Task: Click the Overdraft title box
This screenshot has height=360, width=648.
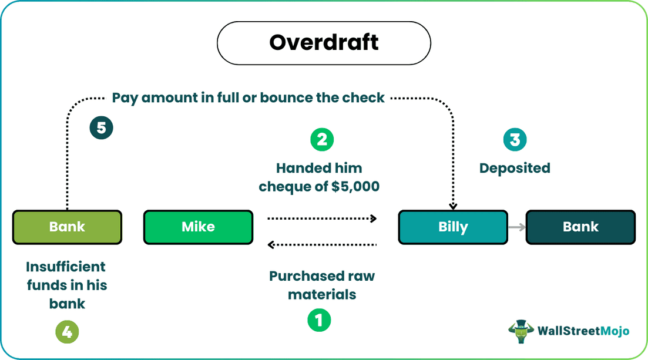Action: pyautogui.click(x=324, y=43)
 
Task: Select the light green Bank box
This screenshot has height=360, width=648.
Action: pyautogui.click(x=67, y=227)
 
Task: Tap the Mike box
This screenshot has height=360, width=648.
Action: pyautogui.click(x=198, y=227)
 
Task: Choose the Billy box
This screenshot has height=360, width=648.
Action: pyautogui.click(x=452, y=227)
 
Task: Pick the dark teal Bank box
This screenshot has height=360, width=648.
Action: pyautogui.click(x=580, y=227)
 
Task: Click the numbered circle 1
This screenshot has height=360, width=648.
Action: pyautogui.click(x=319, y=320)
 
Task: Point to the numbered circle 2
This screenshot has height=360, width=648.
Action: pyautogui.click(x=321, y=139)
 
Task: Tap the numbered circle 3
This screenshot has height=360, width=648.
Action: pyautogui.click(x=515, y=139)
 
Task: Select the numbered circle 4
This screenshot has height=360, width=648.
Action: pyautogui.click(x=67, y=332)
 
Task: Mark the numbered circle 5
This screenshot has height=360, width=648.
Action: pyautogui.click(x=101, y=127)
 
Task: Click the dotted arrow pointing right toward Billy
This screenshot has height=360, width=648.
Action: pyautogui.click(x=322, y=218)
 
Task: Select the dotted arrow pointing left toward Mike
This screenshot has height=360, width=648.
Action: pyautogui.click(x=322, y=244)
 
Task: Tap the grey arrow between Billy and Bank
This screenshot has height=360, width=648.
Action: pyautogui.click(x=516, y=227)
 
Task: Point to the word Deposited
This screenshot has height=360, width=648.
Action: pyautogui.click(x=515, y=168)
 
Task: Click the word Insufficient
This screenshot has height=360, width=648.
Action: pyautogui.click(x=66, y=267)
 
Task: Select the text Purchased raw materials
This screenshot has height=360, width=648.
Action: pyautogui.click(x=322, y=285)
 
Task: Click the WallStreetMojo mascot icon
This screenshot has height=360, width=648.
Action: pyautogui.click(x=521, y=331)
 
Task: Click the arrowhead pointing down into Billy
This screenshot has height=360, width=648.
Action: pyautogui.click(x=452, y=206)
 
